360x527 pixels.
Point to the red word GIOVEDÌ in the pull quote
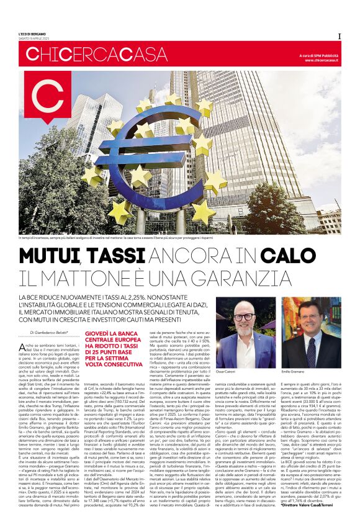tap(99, 333)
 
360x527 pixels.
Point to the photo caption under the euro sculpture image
tap(124, 238)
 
